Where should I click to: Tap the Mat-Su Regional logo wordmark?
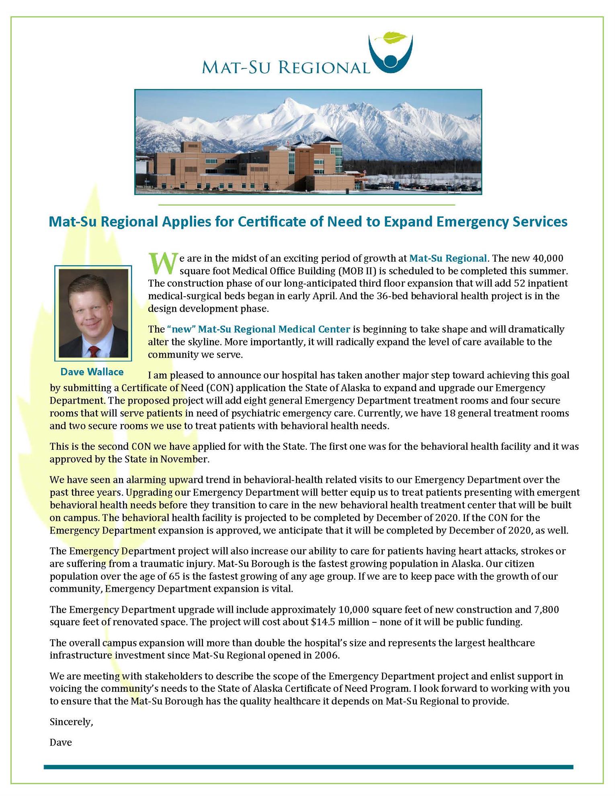[x=285, y=67]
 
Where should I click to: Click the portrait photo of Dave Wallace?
[x=93, y=313]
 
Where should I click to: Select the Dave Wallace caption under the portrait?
[x=92, y=372]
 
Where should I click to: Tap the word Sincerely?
[x=71, y=722]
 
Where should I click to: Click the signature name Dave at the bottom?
[x=61, y=743]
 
